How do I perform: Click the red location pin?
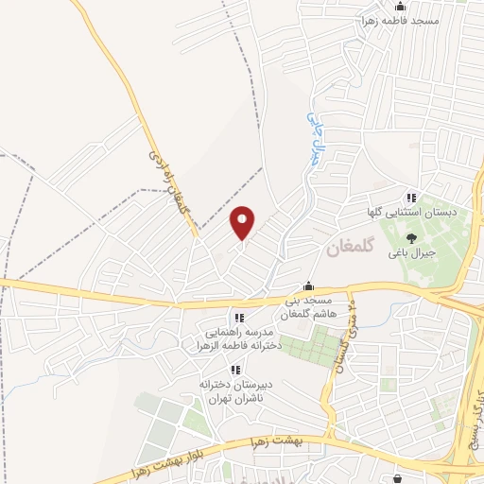[243, 222]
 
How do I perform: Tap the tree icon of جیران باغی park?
[410, 238]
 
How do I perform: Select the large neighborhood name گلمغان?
[351, 250]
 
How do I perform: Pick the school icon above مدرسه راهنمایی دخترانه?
[239, 318]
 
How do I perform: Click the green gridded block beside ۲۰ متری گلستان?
[308, 344]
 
